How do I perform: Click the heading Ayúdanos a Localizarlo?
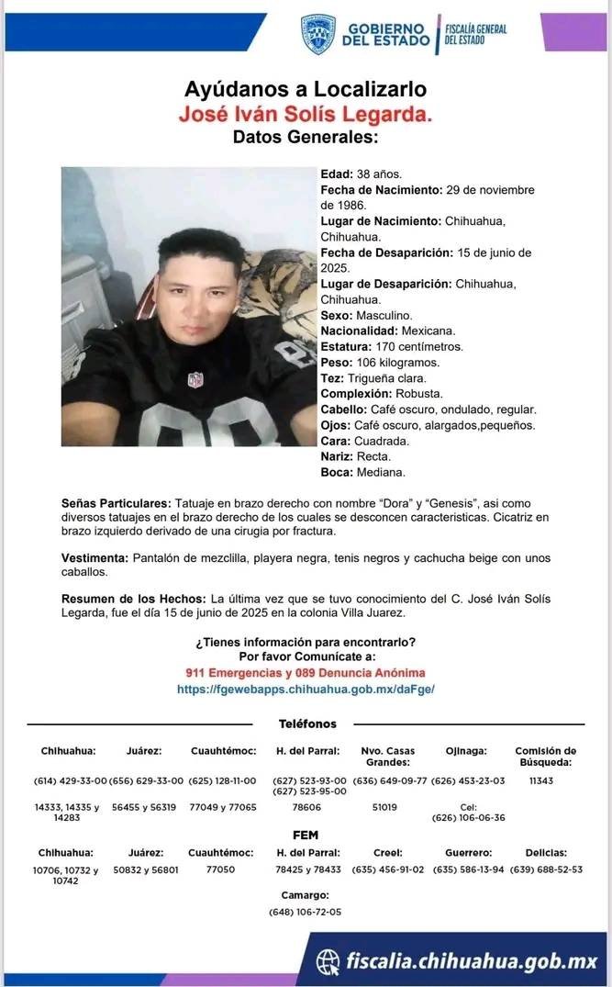point(305,90)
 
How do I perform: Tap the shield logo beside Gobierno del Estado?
point(317,34)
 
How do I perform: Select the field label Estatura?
point(346,346)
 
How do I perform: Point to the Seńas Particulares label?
point(116,504)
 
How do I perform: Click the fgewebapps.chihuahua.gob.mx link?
point(306,688)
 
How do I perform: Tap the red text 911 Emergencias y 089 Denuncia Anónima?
point(306,673)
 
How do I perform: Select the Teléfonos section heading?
point(307,724)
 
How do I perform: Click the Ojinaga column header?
point(466,751)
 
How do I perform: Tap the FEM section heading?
point(306,836)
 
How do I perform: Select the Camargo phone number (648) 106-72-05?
point(306,912)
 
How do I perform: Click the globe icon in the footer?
point(328,961)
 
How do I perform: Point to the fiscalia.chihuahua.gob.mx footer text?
point(471,961)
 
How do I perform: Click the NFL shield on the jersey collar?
point(195,379)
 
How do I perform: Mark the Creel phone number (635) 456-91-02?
point(389,869)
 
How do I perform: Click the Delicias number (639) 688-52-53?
point(545,869)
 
